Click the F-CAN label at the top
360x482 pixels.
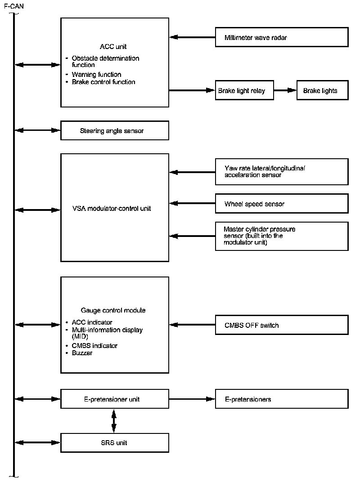point(14,6)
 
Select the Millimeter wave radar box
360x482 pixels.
point(282,37)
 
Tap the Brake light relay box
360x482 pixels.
point(244,90)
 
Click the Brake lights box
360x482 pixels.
point(323,90)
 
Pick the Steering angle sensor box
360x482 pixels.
point(115,130)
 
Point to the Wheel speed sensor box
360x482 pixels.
point(282,204)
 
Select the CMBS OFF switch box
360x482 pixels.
point(282,325)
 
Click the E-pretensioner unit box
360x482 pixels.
point(115,399)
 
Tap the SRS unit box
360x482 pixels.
point(115,442)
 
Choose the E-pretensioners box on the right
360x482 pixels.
point(282,399)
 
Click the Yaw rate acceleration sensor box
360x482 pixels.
point(282,172)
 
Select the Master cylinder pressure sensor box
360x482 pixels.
point(282,236)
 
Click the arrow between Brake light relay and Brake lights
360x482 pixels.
point(285,90)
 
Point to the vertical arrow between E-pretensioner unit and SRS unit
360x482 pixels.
point(114,421)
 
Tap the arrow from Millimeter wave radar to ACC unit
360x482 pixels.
point(192,37)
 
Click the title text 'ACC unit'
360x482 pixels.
point(113,46)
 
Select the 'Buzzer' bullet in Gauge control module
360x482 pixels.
point(82,353)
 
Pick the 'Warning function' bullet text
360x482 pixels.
point(97,74)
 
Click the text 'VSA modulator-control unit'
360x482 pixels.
point(112,209)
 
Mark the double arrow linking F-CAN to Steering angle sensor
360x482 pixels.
point(37,130)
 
